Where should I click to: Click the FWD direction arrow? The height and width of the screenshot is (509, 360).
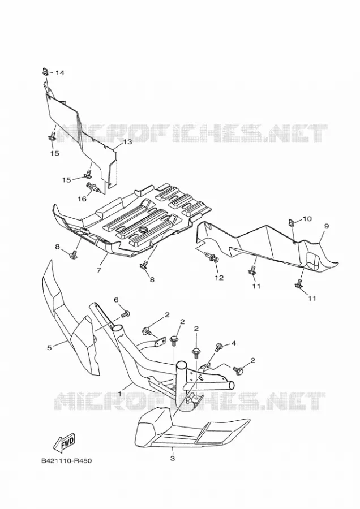click(x=64, y=442)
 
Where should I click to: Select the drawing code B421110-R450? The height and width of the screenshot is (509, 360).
click(x=67, y=460)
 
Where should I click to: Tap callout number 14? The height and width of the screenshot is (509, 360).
click(x=59, y=73)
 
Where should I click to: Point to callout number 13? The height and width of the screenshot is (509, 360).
click(x=127, y=142)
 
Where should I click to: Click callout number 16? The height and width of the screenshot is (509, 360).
click(x=82, y=199)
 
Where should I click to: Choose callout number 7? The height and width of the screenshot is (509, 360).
click(x=98, y=270)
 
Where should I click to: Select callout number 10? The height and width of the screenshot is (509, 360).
click(x=307, y=219)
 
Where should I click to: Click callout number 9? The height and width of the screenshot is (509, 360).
click(x=327, y=226)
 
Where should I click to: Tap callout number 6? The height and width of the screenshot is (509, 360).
click(x=116, y=300)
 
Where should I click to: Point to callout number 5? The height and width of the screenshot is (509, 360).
click(x=49, y=348)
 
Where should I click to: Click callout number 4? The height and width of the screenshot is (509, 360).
click(x=233, y=343)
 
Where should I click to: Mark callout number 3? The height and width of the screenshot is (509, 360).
click(x=173, y=459)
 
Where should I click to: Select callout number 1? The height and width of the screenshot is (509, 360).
click(x=120, y=394)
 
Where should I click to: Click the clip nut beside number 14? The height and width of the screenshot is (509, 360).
click(x=45, y=71)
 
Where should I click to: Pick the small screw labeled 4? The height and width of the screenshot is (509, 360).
click(x=219, y=347)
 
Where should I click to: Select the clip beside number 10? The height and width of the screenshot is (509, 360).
click(x=292, y=222)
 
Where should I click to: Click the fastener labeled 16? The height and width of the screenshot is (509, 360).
click(x=93, y=187)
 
